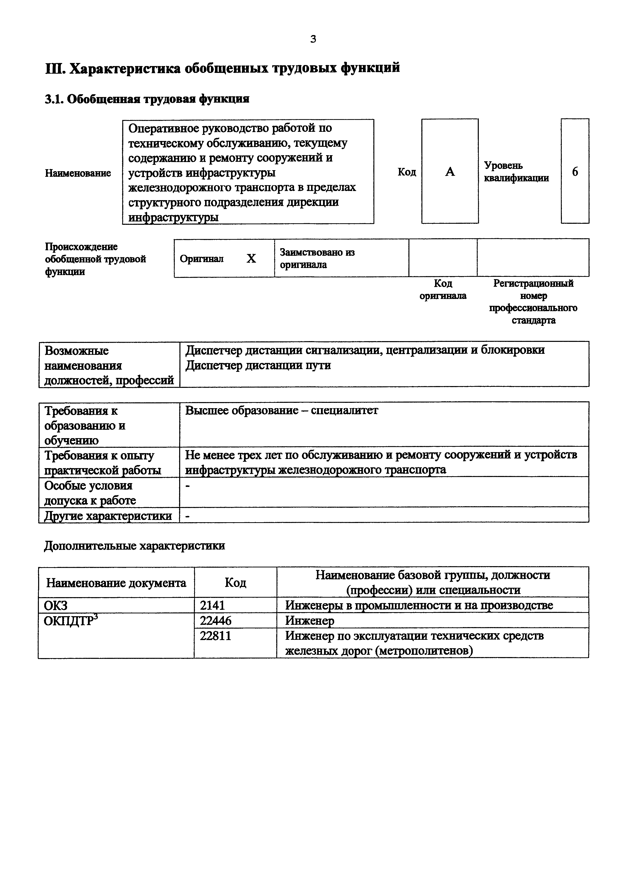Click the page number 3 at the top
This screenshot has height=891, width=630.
313,39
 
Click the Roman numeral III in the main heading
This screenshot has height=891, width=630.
56,68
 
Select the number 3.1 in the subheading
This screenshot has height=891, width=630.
54,99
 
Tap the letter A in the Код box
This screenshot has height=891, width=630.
450,171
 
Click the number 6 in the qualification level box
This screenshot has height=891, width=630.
575,171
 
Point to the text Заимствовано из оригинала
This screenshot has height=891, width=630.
317,259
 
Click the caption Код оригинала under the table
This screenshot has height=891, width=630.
443,290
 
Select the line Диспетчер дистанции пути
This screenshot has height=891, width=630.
258,365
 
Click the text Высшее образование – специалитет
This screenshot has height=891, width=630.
281,410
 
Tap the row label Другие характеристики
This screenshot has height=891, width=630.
108,516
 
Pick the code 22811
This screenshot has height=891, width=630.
216,636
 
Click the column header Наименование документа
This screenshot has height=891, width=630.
116,583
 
